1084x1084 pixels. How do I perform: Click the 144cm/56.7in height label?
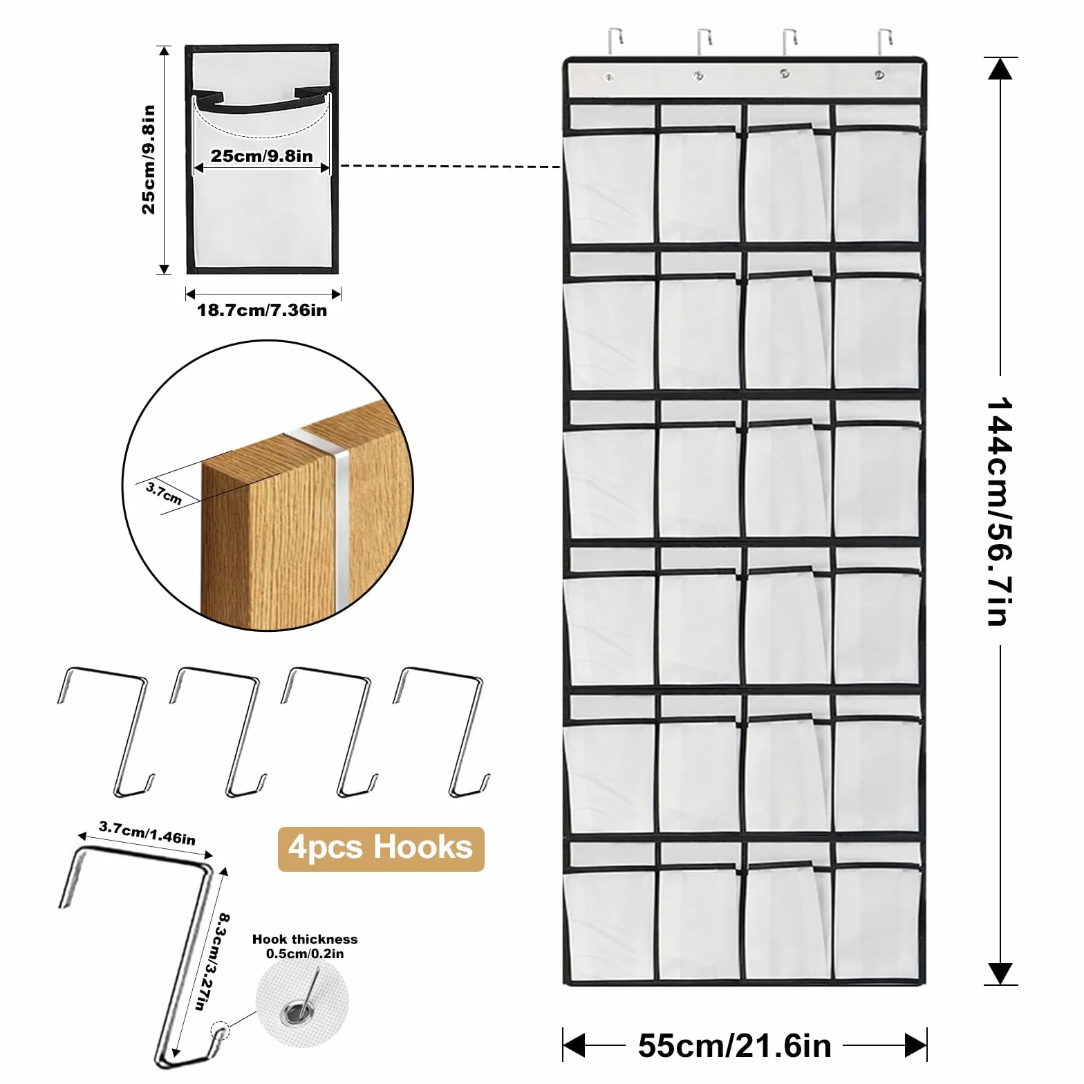click(1000, 512)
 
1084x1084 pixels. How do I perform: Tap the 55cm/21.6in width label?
click(734, 1045)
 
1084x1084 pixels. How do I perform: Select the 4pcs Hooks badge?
click(381, 849)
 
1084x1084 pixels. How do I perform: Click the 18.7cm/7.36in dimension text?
click(262, 310)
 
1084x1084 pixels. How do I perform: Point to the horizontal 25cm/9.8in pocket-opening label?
click(262, 156)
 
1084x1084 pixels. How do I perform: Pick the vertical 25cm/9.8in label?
click(149, 160)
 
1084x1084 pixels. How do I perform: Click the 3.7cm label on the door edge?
click(165, 494)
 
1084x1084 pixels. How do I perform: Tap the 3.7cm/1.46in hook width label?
click(147, 833)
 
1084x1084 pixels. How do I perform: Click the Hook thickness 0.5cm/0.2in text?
click(305, 946)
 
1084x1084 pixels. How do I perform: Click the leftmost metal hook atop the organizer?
click(615, 41)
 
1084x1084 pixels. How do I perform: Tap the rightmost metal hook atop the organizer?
click(885, 41)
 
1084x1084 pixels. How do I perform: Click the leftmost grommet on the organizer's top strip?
click(609, 77)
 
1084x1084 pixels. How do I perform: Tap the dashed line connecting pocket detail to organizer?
click(451, 166)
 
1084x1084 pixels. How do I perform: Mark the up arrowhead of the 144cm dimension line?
click(999, 70)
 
